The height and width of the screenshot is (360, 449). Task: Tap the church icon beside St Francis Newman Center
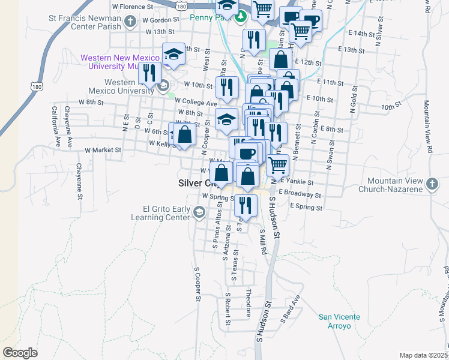pos(130,23)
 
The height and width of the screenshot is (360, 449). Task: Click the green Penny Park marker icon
pos(241,17)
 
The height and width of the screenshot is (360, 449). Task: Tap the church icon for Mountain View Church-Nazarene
pos(432,183)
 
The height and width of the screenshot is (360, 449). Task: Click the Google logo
pos(20,352)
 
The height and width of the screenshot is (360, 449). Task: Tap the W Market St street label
pos(103,150)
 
